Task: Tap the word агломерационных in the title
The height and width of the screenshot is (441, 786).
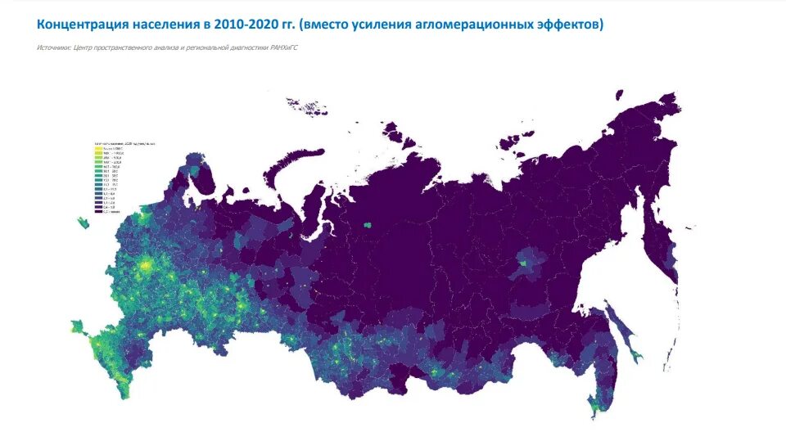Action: [x=473, y=25]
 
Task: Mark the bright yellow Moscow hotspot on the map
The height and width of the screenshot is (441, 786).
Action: [x=147, y=265]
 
